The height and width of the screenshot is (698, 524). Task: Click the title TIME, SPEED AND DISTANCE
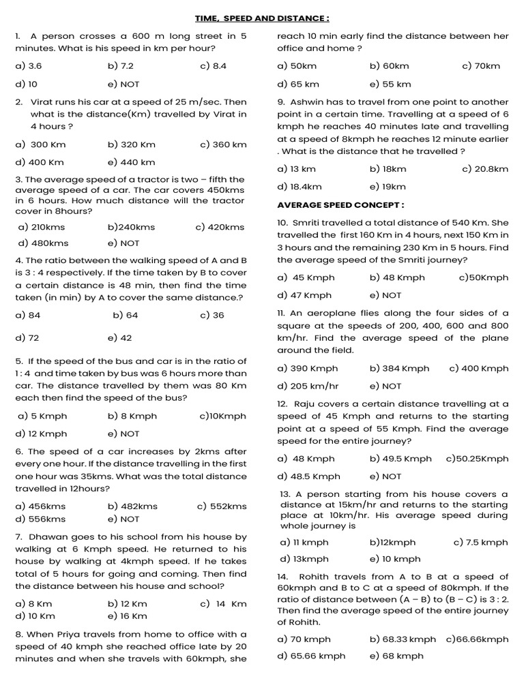[262, 18]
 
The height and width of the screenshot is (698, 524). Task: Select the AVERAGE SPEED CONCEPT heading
[340, 204]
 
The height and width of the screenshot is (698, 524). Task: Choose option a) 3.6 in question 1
[29, 66]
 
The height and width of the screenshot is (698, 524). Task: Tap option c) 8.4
[213, 66]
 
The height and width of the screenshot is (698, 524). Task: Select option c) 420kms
[219, 227]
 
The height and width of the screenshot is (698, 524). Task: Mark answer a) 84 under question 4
[28, 315]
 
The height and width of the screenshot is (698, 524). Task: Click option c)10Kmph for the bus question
[222, 416]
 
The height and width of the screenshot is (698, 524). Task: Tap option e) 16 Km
[127, 616]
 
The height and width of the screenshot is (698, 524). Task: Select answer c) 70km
[481, 66]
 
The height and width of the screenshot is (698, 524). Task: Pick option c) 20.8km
[485, 169]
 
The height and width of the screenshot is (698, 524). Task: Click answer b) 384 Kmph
[399, 368]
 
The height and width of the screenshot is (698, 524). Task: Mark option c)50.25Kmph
[477, 459]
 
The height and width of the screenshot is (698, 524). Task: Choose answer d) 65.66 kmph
[311, 656]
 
